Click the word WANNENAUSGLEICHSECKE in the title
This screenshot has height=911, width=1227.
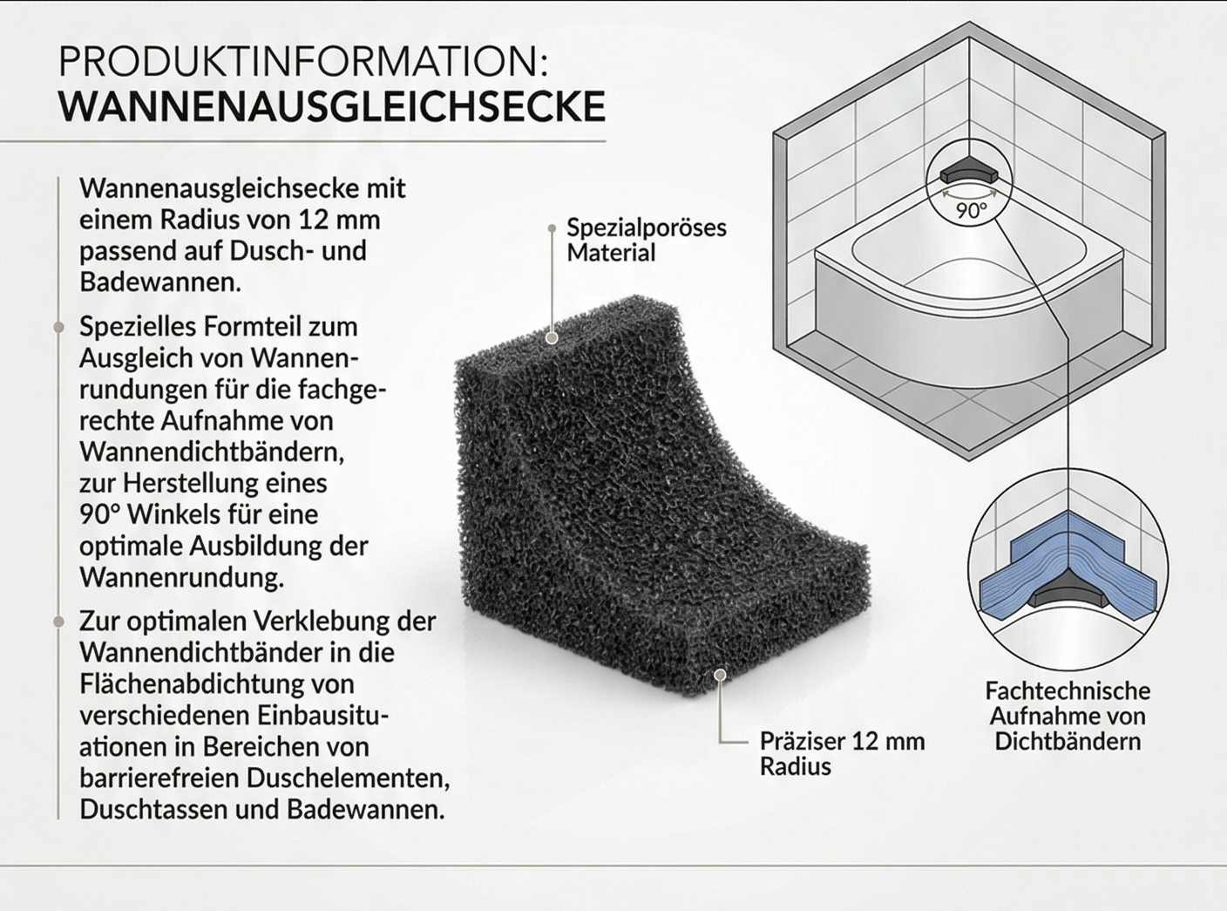[332, 106]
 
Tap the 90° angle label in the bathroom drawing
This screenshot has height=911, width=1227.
[971, 210]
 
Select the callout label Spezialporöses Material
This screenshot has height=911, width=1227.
[646, 240]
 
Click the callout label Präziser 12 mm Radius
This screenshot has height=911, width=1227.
[841, 753]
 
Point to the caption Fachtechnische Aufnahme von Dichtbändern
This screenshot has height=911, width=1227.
[1068, 717]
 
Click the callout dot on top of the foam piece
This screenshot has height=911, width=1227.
[552, 337]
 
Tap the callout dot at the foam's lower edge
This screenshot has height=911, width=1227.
[720, 674]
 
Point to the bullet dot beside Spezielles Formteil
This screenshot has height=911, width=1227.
[58, 327]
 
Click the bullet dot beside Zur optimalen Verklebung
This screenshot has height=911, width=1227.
[58, 622]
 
